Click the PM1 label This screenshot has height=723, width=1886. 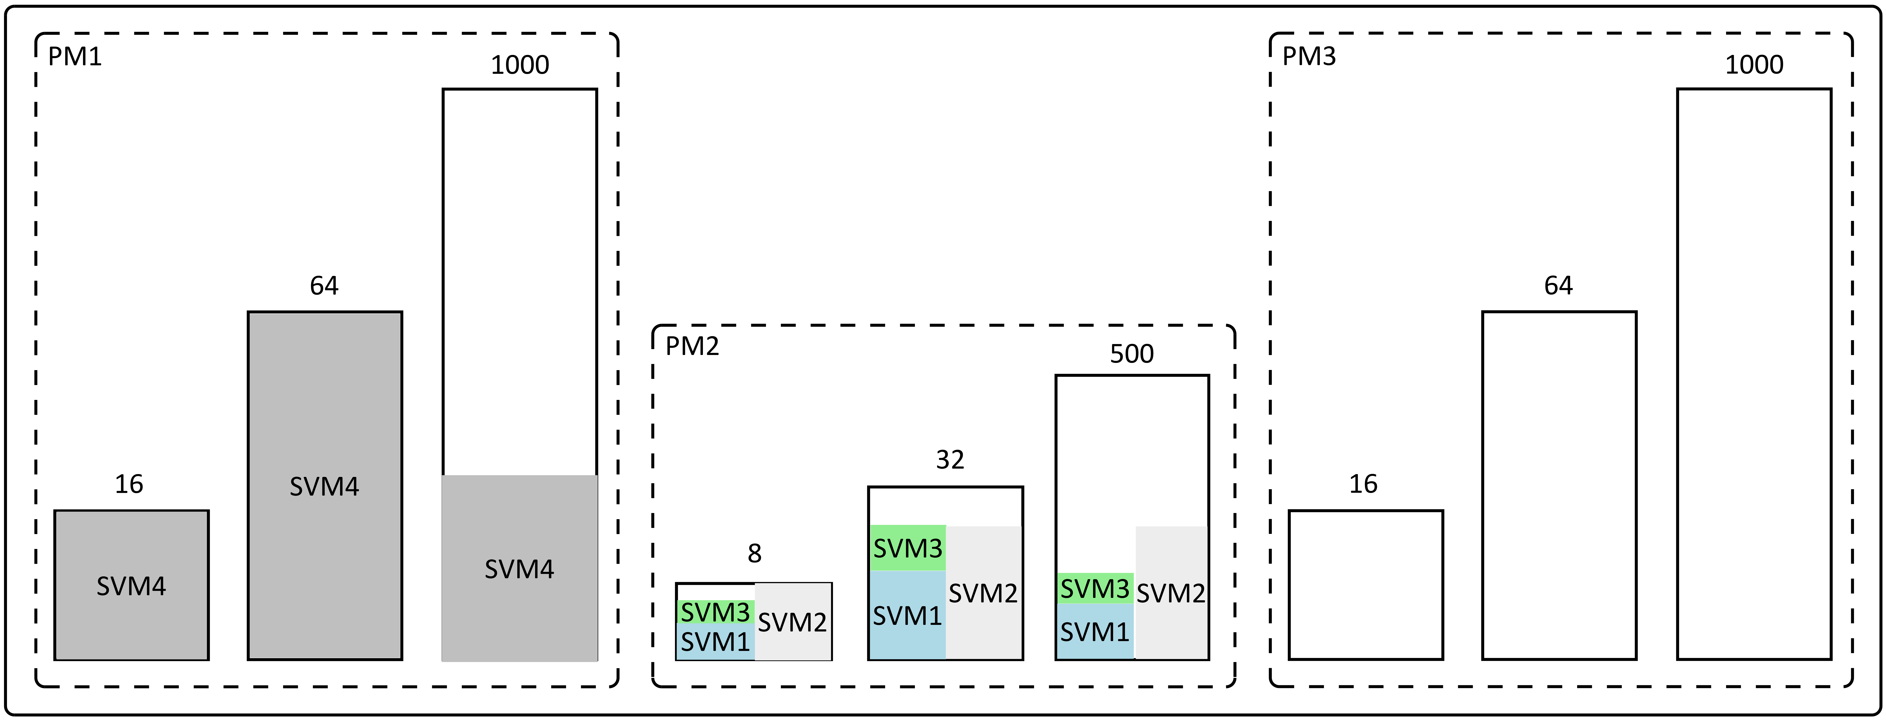pos(75,56)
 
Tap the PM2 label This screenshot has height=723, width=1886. pos(692,346)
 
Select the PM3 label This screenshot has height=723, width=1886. pos(1309,56)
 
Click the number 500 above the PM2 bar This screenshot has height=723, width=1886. pos(1132,354)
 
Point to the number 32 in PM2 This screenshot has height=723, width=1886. pos(950,459)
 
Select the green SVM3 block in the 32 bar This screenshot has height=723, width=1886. pos(908,548)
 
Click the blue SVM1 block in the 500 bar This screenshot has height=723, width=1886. pos(1095,631)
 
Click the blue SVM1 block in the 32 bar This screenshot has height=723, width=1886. pos(908,615)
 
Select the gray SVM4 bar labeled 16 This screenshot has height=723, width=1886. pos(132,585)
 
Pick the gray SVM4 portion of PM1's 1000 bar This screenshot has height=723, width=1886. pos(520,568)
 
